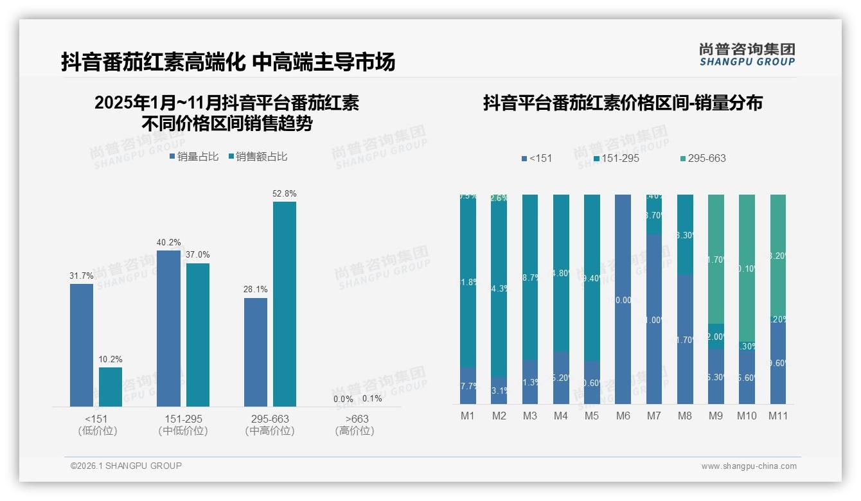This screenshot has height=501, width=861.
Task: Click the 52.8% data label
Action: pyautogui.click(x=285, y=193)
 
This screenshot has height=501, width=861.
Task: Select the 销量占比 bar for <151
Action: pyautogui.click(x=82, y=345)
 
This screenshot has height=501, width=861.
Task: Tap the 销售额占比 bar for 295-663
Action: pyautogui.click(x=285, y=304)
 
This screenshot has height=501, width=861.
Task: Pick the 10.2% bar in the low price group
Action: pyautogui.click(x=111, y=387)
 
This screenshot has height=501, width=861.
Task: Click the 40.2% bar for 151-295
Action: pyautogui.click(x=168, y=328)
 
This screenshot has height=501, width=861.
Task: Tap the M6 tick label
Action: pyautogui.click(x=623, y=416)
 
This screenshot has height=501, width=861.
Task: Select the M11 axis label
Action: pyautogui.click(x=778, y=416)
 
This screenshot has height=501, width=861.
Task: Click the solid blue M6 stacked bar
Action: pyautogui.click(x=623, y=299)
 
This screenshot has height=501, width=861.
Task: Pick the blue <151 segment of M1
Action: pyautogui.click(x=468, y=385)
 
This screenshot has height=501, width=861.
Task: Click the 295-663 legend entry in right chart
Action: pyautogui.click(x=703, y=158)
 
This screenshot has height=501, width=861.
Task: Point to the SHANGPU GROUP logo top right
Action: pyautogui.click(x=747, y=54)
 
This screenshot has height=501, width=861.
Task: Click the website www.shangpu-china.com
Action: pyautogui.click(x=749, y=466)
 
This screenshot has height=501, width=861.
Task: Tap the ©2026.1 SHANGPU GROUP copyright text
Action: pyautogui.click(x=126, y=466)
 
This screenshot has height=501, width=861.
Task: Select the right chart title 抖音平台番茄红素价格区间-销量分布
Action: pyautogui.click(x=623, y=103)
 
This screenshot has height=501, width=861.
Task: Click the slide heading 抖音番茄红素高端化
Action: pyautogui.click(x=153, y=62)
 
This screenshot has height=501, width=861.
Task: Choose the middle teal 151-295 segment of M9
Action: pyautogui.click(x=716, y=336)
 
